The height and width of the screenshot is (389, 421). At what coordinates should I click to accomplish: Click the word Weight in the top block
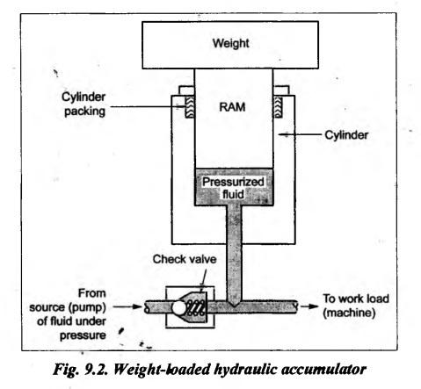pyautogui.click(x=231, y=43)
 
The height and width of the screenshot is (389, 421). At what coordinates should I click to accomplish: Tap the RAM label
pyautogui.click(x=232, y=107)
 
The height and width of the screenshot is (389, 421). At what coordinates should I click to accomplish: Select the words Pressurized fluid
pyautogui.click(x=233, y=188)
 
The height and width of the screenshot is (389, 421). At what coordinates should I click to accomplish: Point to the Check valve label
pyautogui.click(x=185, y=259)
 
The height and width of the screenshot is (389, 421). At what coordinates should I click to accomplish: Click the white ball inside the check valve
pyautogui.click(x=179, y=307)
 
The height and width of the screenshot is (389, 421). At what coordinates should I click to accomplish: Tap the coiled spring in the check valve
pyautogui.click(x=196, y=308)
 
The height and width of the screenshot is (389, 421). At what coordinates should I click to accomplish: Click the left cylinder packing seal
pyautogui.click(x=189, y=107)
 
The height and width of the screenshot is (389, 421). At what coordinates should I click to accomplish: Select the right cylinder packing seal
pyautogui.click(x=278, y=107)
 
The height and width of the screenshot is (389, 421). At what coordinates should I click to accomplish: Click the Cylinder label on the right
pyautogui.click(x=346, y=135)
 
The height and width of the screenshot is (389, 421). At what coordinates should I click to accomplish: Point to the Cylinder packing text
pyautogui.click(x=83, y=104)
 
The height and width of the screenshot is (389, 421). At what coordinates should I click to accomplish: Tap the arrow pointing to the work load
pyautogui.click(x=309, y=306)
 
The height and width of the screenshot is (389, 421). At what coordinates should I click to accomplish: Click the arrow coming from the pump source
pyautogui.click(x=127, y=306)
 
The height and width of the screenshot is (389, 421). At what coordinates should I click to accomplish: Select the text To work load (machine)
pyautogui.click(x=356, y=306)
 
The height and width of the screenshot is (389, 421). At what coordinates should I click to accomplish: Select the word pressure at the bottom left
pyautogui.click(x=83, y=335)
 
